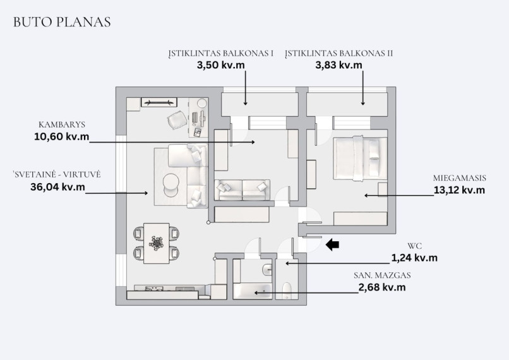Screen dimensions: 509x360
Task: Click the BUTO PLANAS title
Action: pos(62,22)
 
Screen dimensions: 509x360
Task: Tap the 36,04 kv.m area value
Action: pos(57,187)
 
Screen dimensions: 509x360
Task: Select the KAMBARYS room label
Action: pos(62,124)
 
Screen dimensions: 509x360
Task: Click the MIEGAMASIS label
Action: pos(459,178)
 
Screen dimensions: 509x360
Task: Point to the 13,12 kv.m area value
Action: pos(459,190)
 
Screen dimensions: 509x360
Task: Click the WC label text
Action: pos(414,246)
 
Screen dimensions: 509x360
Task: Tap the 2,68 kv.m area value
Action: pos(382,287)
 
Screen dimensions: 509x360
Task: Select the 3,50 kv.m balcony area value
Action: pos(221,65)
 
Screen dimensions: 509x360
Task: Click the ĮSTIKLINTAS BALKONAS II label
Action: pos(339,53)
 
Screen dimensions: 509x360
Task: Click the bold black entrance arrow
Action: pos(332,244)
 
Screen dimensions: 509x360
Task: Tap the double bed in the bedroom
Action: pos(361,159)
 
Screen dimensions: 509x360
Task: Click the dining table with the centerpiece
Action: pos(157,243)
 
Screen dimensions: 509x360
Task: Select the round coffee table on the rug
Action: pos(171,185)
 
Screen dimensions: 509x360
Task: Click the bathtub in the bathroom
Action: pos(253,291)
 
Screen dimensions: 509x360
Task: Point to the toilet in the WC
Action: pos(287,291)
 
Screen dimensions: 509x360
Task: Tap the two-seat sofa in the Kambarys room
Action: pos(242,190)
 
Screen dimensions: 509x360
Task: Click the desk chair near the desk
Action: pos(177,119)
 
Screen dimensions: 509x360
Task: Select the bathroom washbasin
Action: pos(268,269)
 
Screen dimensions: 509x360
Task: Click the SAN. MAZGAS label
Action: pos(382,275)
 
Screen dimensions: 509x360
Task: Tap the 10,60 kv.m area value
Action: pos(62,136)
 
